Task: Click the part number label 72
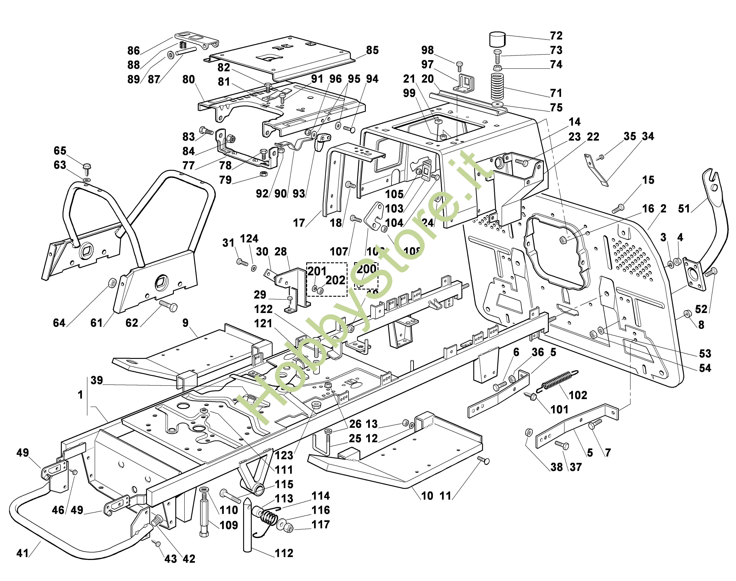556,36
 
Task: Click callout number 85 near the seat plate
372,50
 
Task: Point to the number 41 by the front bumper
22,553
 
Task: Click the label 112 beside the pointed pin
284,553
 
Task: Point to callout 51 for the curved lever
684,209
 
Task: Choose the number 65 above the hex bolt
60,151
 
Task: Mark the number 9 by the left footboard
185,323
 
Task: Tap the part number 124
249,238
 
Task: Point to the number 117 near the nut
321,525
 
